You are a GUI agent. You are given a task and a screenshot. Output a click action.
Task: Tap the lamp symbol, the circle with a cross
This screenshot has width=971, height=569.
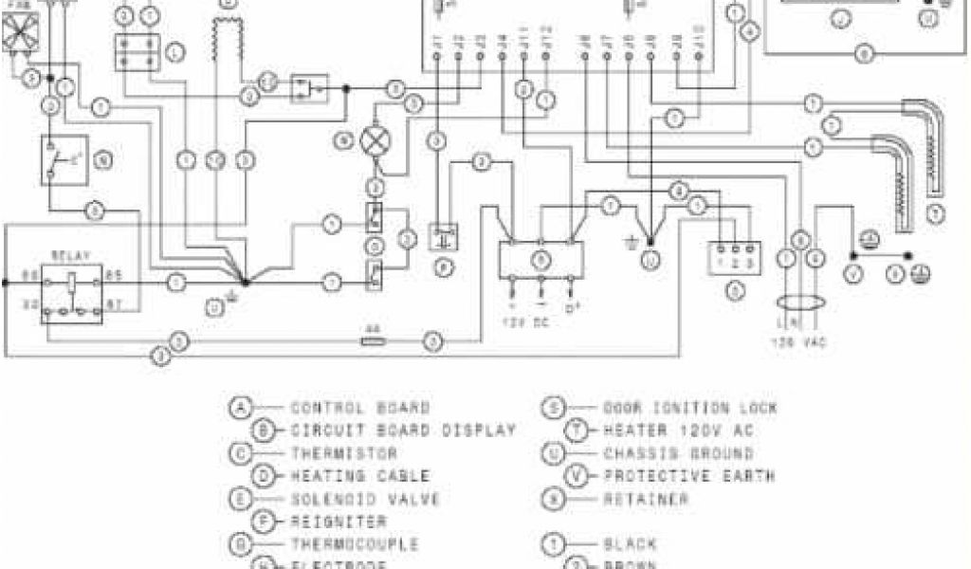(x=371, y=140)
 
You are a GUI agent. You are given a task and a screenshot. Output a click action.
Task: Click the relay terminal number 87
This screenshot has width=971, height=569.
(x=114, y=304)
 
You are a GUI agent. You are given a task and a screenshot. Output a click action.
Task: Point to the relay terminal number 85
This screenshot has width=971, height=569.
(x=113, y=276)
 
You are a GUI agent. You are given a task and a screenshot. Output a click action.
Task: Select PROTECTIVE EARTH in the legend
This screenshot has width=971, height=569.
(x=689, y=476)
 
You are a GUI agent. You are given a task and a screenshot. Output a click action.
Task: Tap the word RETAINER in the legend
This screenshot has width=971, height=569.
(x=646, y=499)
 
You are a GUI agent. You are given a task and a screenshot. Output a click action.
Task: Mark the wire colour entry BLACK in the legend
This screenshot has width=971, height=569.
(x=631, y=544)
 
